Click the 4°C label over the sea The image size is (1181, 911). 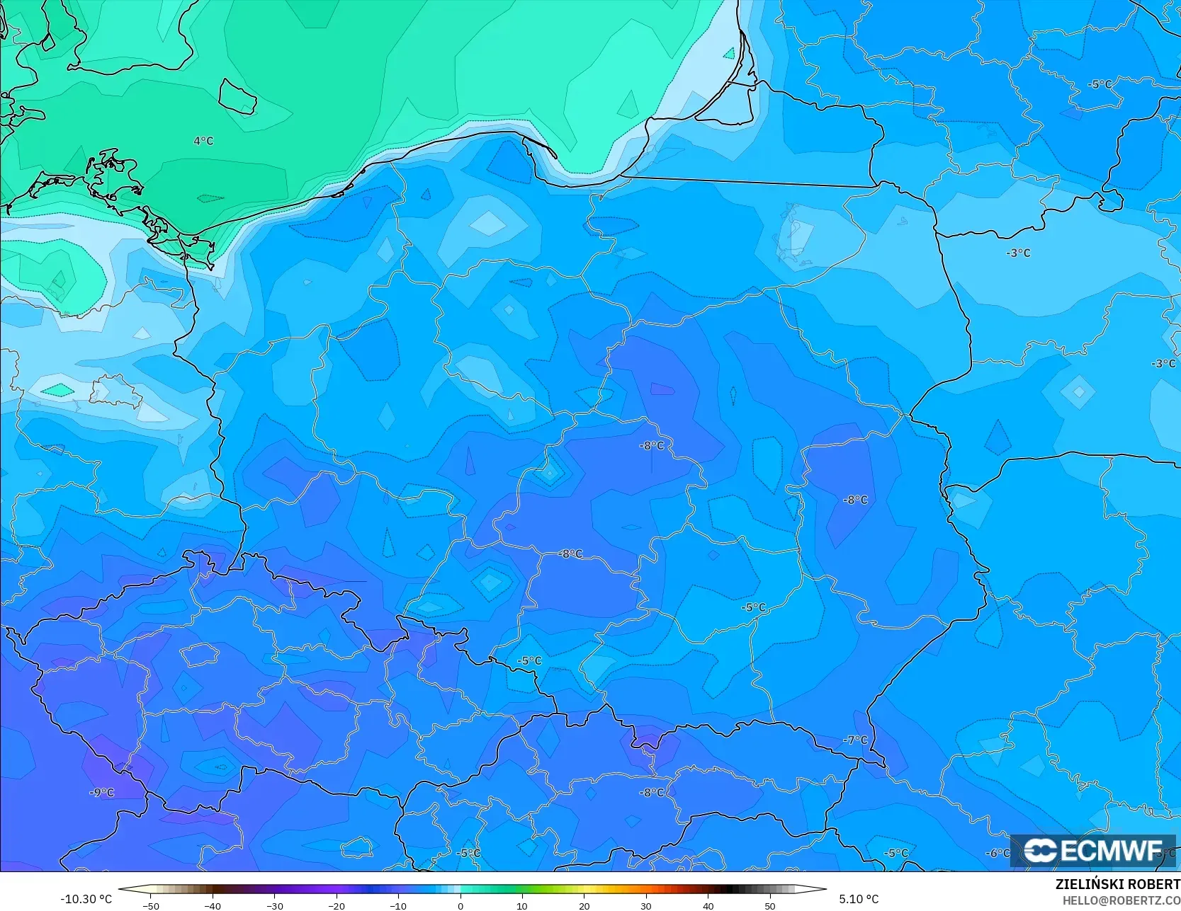[x=203, y=141]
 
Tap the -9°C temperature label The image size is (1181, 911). [x=102, y=793]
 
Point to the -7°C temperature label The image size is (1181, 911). [x=855, y=740]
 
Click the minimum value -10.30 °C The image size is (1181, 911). [x=86, y=899]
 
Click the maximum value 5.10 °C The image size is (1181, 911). [x=859, y=899]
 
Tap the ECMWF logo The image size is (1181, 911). [x=1093, y=851]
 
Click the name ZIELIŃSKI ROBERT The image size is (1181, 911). [x=1117, y=884]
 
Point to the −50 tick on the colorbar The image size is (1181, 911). [x=150, y=905]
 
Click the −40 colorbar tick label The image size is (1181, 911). [x=213, y=905]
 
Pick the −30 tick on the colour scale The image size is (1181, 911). [x=275, y=905]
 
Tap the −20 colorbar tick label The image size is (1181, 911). [x=337, y=905]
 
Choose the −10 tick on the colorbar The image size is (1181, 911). [x=398, y=905]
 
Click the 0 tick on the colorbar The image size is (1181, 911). [x=460, y=905]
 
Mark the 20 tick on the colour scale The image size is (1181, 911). [x=584, y=905]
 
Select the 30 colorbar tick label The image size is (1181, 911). [x=646, y=905]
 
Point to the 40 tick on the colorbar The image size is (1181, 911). [x=708, y=905]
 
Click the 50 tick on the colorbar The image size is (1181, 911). [x=770, y=905]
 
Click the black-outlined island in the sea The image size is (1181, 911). [x=237, y=96]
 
